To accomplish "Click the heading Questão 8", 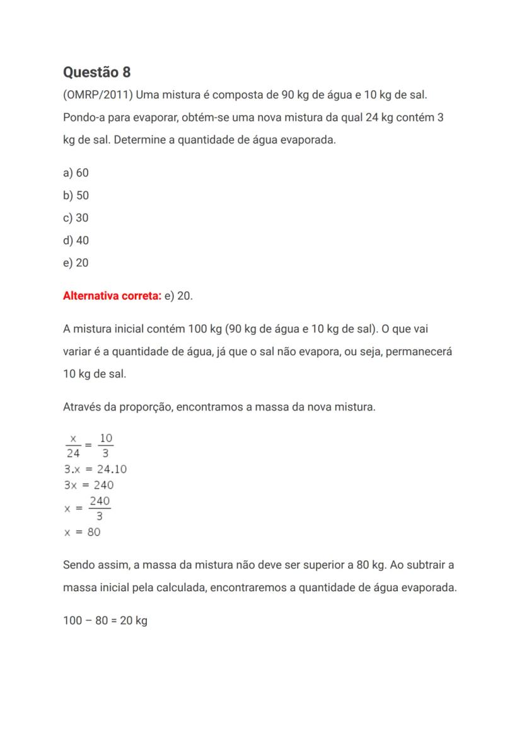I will pyautogui.click(x=96, y=72).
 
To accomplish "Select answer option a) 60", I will pyautogui.click(x=76, y=173).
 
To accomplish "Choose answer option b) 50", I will pyautogui.click(x=76, y=195).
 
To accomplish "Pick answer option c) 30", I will pyautogui.click(x=76, y=218).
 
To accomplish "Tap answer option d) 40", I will pyautogui.click(x=76, y=241).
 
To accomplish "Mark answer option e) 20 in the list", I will pyautogui.click(x=76, y=263).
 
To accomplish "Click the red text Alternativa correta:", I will pyautogui.click(x=112, y=296).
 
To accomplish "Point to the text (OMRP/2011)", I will pyautogui.click(x=98, y=95).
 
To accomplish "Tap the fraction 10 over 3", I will pyautogui.click(x=106, y=445).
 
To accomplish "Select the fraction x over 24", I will pyautogui.click(x=73, y=445).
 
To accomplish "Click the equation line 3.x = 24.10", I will pyautogui.click(x=95, y=469).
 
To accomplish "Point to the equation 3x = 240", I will pyautogui.click(x=89, y=485).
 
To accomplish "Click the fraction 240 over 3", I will pyautogui.click(x=100, y=508).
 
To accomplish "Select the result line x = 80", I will pyautogui.click(x=82, y=532).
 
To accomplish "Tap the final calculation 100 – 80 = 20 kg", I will pyautogui.click(x=105, y=621).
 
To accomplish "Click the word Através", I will pyautogui.click(x=81, y=407).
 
